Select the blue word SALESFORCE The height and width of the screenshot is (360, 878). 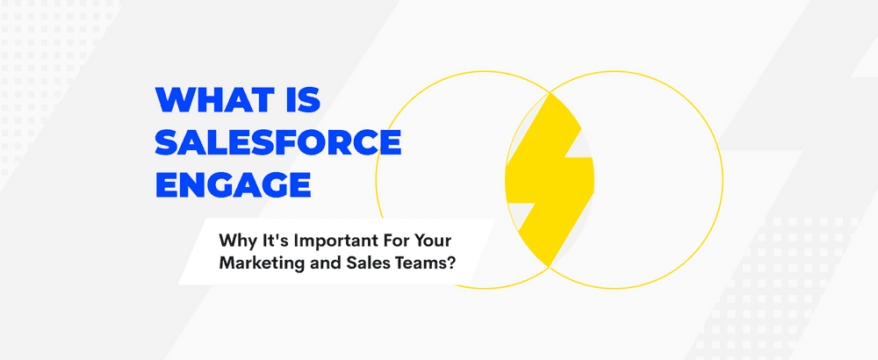pyautogui.click(x=278, y=142)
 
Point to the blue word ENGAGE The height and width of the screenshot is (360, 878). pyautogui.click(x=234, y=184)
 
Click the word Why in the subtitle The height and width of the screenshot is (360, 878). pyautogui.click(x=236, y=240)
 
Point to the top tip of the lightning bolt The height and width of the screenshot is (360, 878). pyautogui.click(x=551, y=94)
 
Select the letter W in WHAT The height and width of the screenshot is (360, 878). pyautogui.click(x=172, y=99)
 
